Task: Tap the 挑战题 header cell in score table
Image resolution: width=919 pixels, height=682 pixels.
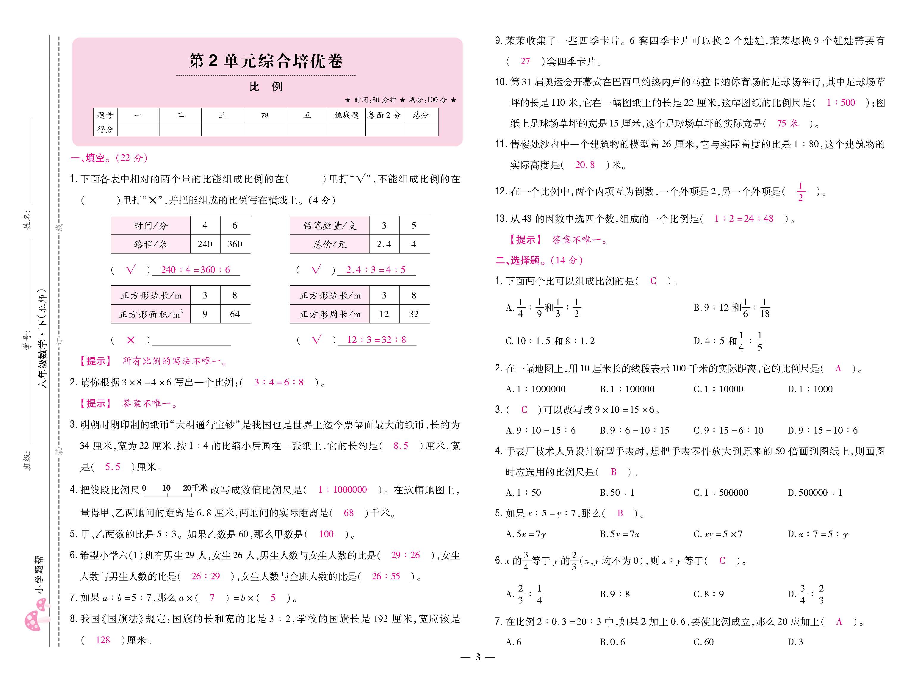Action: [x=346, y=115]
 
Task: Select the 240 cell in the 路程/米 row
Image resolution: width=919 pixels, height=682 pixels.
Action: [x=205, y=244]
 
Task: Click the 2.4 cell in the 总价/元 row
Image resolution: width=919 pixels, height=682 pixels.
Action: [x=384, y=244]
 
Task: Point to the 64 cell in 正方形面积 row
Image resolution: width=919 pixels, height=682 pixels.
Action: [x=234, y=314]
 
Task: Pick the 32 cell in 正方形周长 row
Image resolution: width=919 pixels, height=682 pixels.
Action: [x=414, y=314]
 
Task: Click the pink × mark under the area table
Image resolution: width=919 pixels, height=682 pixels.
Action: [x=130, y=340]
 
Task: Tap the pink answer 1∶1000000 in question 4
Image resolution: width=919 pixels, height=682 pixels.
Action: [x=342, y=489]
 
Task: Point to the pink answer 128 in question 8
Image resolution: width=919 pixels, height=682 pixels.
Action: [x=103, y=640]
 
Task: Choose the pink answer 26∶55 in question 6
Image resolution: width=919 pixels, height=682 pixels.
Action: [x=386, y=576]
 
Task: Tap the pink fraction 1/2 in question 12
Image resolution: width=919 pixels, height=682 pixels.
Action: [x=801, y=192]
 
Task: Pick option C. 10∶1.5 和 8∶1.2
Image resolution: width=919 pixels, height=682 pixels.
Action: [x=550, y=341]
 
